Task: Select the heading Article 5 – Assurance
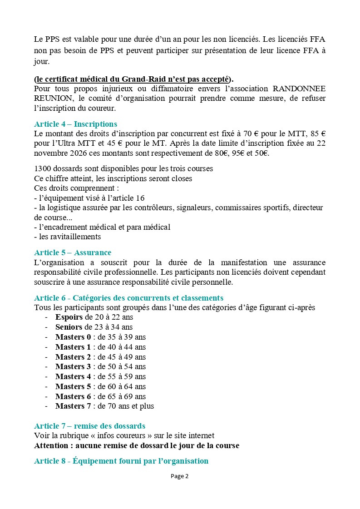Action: click(73, 252)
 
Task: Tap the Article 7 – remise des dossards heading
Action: click(89, 426)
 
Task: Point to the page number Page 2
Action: click(180, 476)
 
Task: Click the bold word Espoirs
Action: click(69, 317)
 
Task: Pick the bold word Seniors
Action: click(69, 327)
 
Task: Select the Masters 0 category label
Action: click(73, 337)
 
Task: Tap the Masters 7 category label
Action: click(73, 406)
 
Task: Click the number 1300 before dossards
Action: click(43, 168)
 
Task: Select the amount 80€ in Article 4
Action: click(228, 153)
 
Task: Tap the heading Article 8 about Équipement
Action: click(121, 461)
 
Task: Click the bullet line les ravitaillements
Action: click(68, 237)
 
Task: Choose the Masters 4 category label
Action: click(73, 376)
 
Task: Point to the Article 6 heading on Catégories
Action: click(128, 298)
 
